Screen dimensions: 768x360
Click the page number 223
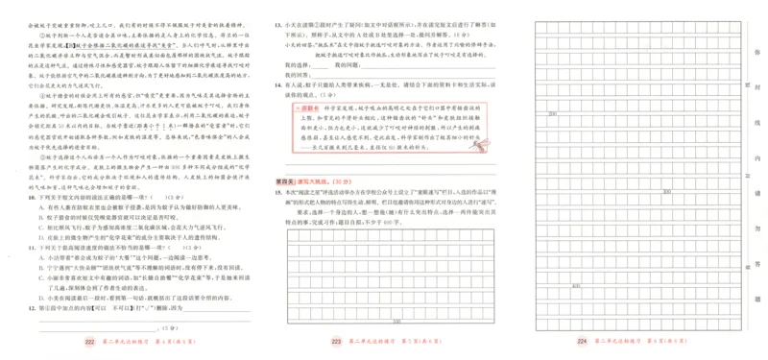coord(336,340)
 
